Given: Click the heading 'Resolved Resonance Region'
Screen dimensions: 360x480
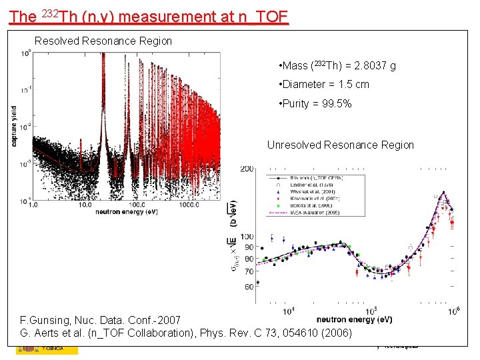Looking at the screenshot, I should click(x=103, y=41).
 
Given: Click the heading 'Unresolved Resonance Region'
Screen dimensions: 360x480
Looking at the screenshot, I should click(x=340, y=145).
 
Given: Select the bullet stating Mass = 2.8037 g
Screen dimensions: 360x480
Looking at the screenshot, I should click(x=338, y=65).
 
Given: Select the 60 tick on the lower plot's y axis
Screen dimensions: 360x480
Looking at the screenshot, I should click(x=248, y=287).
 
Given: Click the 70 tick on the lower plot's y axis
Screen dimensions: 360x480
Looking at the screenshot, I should click(x=248, y=271).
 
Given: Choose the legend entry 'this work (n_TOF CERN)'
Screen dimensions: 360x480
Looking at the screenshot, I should click(x=317, y=178).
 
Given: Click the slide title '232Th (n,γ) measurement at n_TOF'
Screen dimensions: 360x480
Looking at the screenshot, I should click(x=149, y=15).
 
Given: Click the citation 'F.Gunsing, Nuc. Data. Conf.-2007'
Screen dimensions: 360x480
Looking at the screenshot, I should click(x=100, y=321).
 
